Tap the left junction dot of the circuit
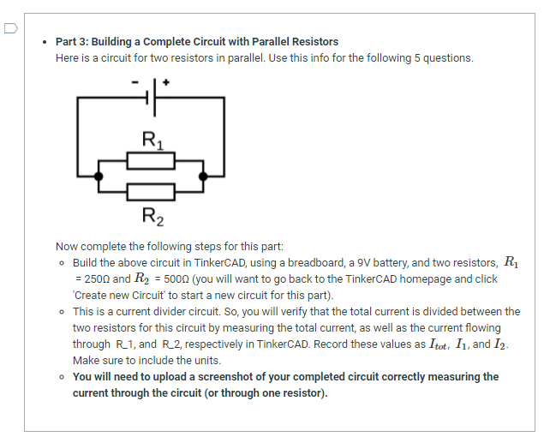(99, 176)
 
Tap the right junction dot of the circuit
(203, 176)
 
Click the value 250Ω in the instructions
(96, 279)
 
